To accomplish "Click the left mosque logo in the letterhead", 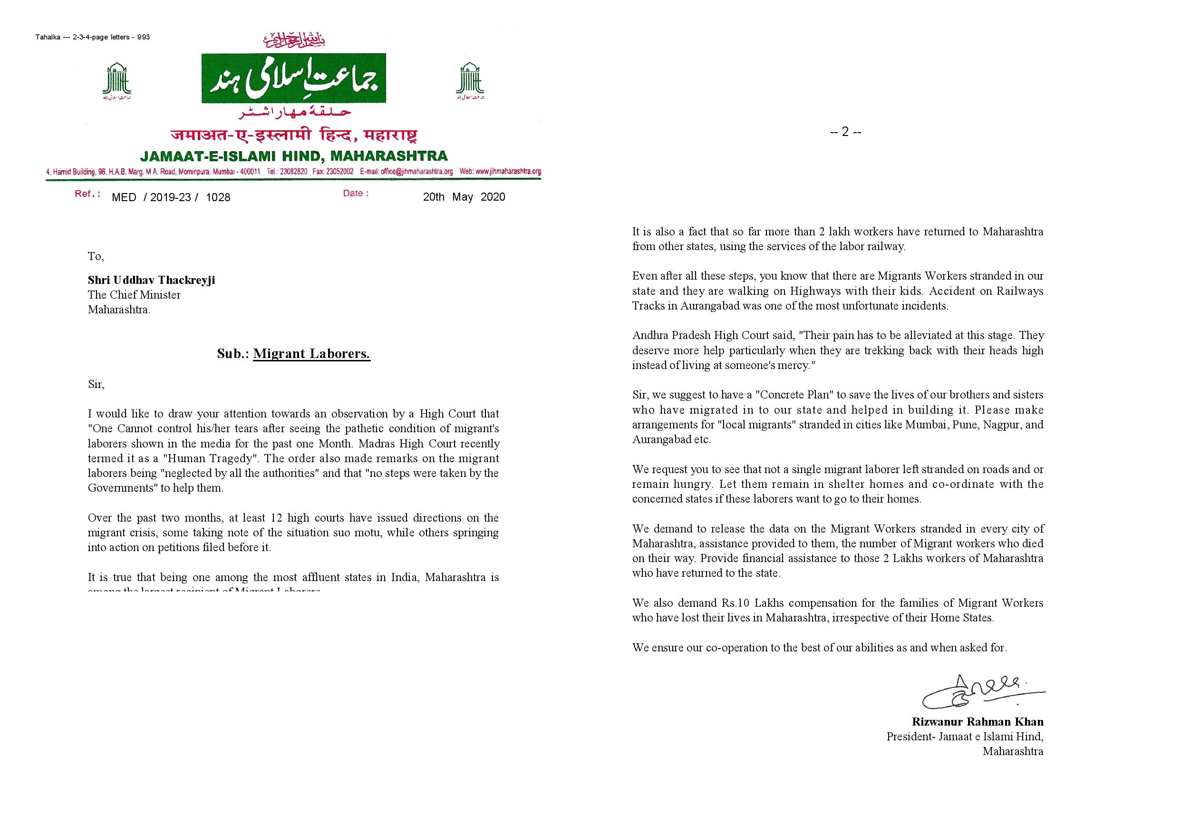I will pyautogui.click(x=117, y=81).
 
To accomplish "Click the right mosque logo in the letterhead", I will pyautogui.click(x=470, y=81).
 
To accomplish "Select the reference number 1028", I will pyautogui.click(x=218, y=198).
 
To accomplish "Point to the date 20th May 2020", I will pyautogui.click(x=464, y=197).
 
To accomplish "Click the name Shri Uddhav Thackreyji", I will pyautogui.click(x=151, y=281).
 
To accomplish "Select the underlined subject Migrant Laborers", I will pyautogui.click(x=312, y=354).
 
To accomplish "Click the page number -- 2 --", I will pyautogui.click(x=846, y=132).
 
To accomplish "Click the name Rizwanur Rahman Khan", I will pyautogui.click(x=978, y=722).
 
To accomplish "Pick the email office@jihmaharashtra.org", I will pyautogui.click(x=416, y=172).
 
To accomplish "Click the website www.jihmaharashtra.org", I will pyautogui.click(x=508, y=172).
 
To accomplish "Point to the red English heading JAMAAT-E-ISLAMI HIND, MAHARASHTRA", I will pyautogui.click(x=294, y=155).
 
